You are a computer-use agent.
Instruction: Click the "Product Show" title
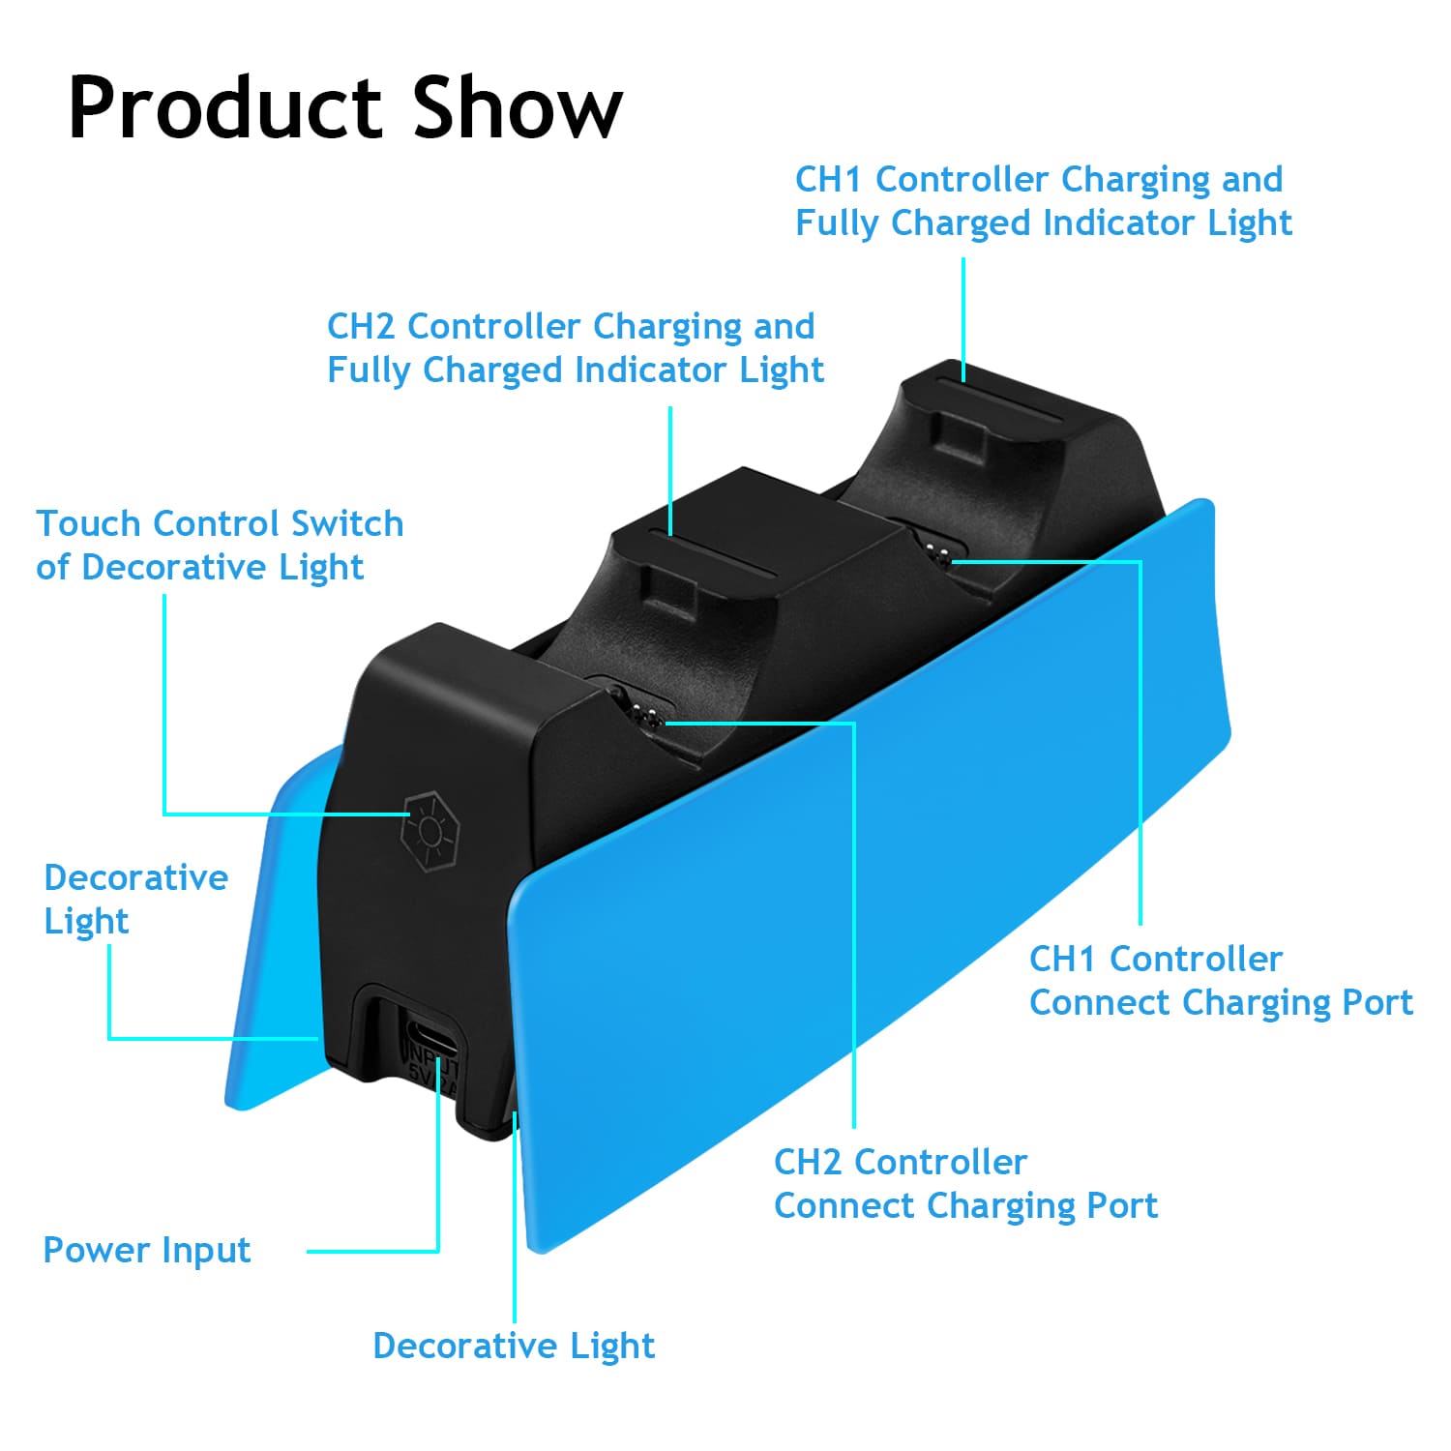click(x=345, y=108)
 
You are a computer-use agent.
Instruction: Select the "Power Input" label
click(x=147, y=1251)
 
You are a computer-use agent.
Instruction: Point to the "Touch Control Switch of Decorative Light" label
click(x=220, y=546)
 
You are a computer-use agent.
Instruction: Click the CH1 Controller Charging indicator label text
click(x=1043, y=201)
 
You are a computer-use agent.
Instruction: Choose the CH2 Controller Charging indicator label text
click(x=576, y=348)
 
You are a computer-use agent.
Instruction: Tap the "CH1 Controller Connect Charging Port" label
click(x=1221, y=981)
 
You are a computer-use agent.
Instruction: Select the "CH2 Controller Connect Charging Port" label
click(x=965, y=1184)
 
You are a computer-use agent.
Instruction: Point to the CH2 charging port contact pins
click(x=649, y=716)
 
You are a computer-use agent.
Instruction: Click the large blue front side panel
click(x=871, y=871)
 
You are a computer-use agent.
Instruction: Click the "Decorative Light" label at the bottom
click(x=514, y=1346)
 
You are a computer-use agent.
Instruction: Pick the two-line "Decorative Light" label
click(x=135, y=899)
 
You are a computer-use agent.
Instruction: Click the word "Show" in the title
click(x=518, y=108)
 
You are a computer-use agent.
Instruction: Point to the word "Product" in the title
click(x=228, y=108)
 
